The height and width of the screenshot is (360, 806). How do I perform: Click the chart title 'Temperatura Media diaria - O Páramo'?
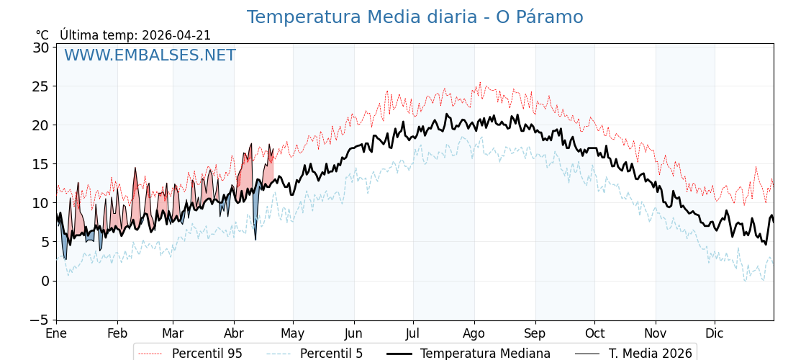(415, 17)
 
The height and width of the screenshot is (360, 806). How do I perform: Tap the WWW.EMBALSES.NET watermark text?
(150, 55)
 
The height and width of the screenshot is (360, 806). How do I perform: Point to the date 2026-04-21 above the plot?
(176, 35)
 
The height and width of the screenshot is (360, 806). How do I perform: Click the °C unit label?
(42, 35)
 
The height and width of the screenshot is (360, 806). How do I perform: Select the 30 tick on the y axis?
(40, 48)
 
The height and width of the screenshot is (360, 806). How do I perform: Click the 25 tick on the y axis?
(40, 86)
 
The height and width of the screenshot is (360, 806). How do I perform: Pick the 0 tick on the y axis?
(45, 281)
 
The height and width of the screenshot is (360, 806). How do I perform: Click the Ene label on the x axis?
(56, 333)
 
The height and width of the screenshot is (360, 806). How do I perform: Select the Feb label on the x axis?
(117, 333)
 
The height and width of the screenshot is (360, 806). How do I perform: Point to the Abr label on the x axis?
(234, 333)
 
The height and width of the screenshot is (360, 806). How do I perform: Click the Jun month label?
(353, 333)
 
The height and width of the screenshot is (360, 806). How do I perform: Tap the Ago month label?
(474, 333)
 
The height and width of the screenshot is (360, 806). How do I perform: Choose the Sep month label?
(535, 333)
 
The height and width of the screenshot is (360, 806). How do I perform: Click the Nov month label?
(656, 333)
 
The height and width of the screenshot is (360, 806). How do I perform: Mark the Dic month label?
(715, 333)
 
